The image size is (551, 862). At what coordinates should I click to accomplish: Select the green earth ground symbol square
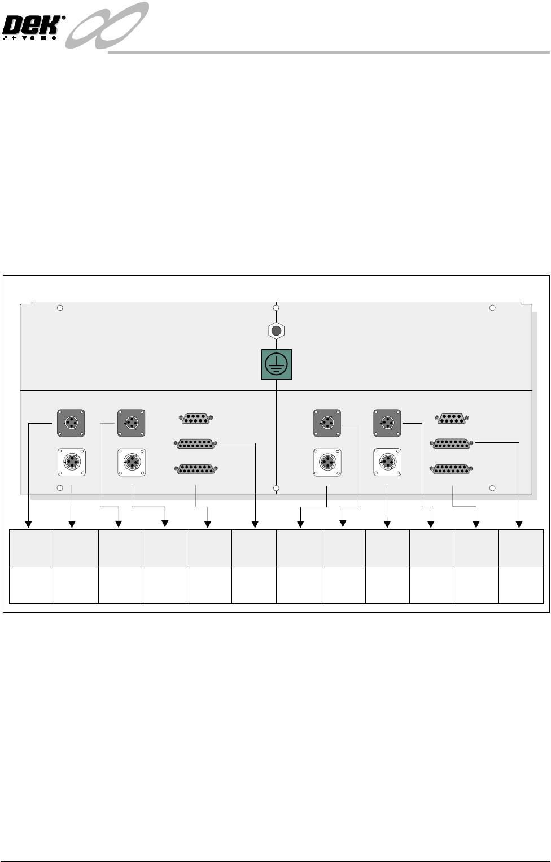tap(277, 364)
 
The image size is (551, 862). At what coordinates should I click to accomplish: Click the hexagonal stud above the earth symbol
tap(276, 330)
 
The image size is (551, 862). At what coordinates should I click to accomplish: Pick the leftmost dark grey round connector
tap(71, 423)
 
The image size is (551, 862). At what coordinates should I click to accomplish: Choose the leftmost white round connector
tap(72, 462)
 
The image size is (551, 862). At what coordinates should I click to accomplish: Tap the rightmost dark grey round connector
tap(387, 423)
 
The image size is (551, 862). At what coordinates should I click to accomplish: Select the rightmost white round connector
tap(387, 462)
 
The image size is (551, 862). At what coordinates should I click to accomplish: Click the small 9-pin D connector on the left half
tap(196, 419)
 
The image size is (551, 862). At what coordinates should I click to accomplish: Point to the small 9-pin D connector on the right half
tap(451, 419)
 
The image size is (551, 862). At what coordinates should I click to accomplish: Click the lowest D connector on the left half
tap(196, 469)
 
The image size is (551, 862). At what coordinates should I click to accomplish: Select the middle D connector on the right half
tap(451, 444)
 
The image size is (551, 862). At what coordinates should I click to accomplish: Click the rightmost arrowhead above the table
tap(519, 525)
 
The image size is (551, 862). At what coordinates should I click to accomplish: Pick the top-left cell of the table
tap(32, 548)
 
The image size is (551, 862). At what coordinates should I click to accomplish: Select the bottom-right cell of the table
tap(521, 585)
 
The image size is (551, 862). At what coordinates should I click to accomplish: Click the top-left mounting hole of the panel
tap(60, 308)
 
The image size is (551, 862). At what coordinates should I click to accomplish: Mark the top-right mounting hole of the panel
tap(492, 308)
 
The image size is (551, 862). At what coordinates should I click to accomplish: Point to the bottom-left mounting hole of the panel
tap(60, 488)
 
